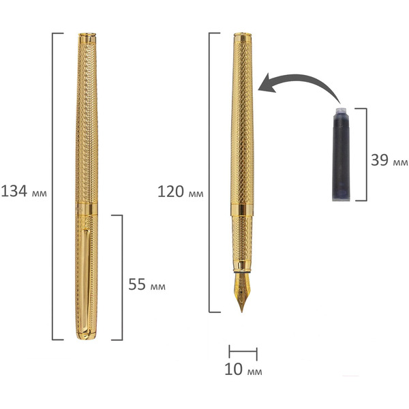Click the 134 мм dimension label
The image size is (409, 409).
pyautogui.click(x=24, y=191)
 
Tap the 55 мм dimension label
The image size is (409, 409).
pyautogui.click(x=147, y=284)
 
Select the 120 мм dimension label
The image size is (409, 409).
pyautogui.click(x=180, y=192)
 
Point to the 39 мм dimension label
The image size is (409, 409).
pyautogui.click(x=389, y=160)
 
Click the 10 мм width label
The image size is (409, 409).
pyautogui.click(x=243, y=369)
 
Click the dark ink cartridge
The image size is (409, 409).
pyautogui.click(x=341, y=154)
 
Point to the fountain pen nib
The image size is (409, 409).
pyautogui.click(x=242, y=292)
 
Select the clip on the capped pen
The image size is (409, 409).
pyautogui.click(x=85, y=281)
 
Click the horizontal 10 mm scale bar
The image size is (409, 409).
pyautogui.click(x=243, y=352)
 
